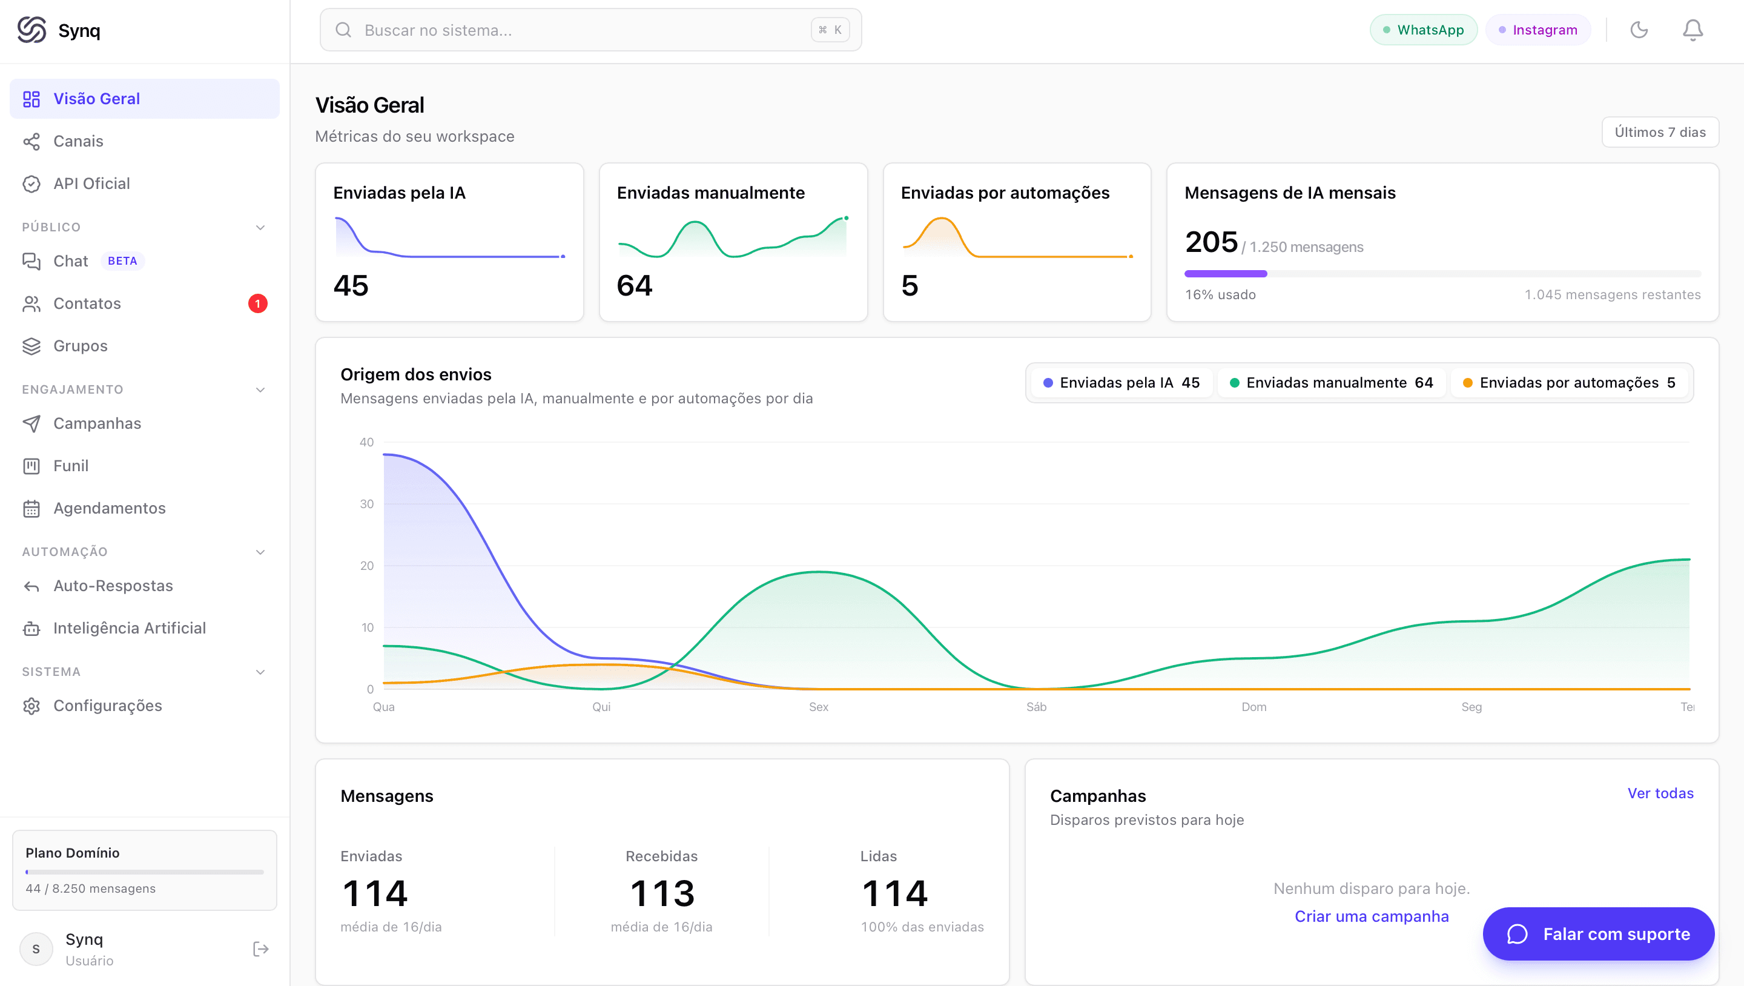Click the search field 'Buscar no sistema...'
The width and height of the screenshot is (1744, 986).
click(x=590, y=30)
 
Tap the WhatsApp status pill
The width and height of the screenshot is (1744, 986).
click(x=1423, y=30)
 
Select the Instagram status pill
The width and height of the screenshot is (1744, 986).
click(x=1538, y=30)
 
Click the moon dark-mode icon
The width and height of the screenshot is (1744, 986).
click(x=1639, y=30)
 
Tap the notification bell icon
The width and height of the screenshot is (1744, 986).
click(x=1693, y=30)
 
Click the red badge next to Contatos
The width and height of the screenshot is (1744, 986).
click(x=257, y=303)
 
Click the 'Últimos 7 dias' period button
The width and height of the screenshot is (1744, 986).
click(x=1660, y=132)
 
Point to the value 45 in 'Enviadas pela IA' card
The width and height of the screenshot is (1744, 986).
click(x=351, y=285)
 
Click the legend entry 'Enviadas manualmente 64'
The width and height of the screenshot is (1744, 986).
click(x=1331, y=383)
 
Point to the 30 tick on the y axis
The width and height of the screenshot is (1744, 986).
click(x=366, y=504)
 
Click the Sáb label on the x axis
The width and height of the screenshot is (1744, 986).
click(x=1037, y=707)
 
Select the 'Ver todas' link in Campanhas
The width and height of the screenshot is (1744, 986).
click(x=1660, y=793)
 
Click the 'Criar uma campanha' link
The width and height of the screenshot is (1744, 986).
click(x=1372, y=916)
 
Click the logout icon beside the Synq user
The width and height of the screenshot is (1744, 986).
click(x=260, y=949)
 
